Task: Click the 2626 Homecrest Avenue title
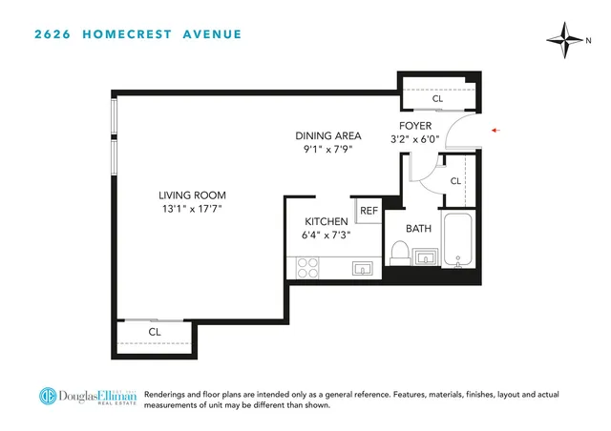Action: pos(137,35)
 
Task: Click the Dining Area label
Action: pos(328,135)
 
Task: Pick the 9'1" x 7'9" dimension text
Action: pos(328,148)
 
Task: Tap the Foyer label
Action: pos(416,126)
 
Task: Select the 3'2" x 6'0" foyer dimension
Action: pos(416,139)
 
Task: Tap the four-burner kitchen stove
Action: pos(307,268)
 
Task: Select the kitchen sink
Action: pos(361,269)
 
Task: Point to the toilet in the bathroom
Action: pos(400,253)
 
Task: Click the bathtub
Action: pos(459,240)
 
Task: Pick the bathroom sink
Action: pos(427,257)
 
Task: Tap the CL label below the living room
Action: pos(154,332)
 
